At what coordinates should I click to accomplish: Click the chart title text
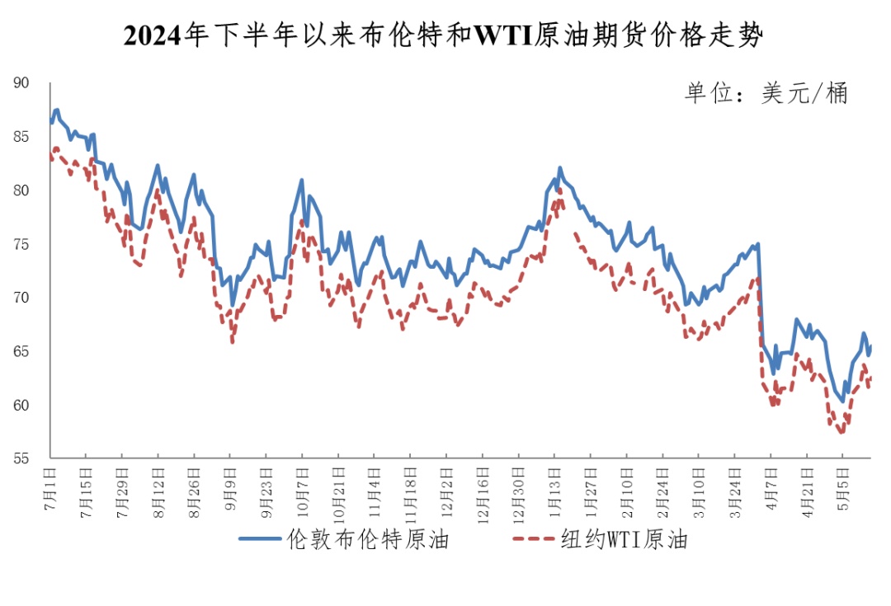pyautogui.click(x=444, y=36)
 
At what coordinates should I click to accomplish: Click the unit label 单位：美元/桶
pyautogui.click(x=766, y=93)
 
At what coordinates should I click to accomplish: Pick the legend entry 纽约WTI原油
pyautogui.click(x=625, y=540)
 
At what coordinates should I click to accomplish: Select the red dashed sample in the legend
pyautogui.click(x=535, y=540)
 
